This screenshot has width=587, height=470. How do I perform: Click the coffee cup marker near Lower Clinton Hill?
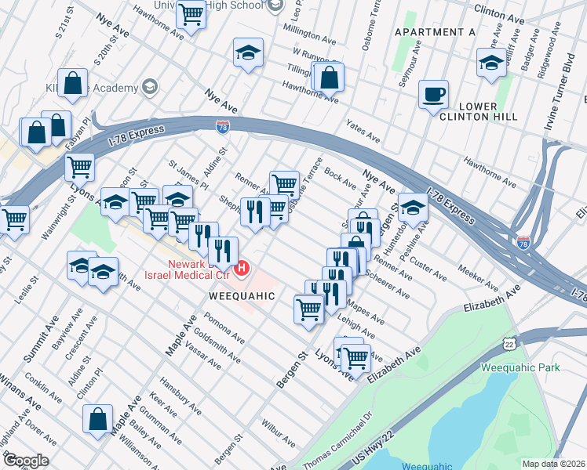coord(433,96)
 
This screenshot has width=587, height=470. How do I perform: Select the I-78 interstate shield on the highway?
coord(223,124)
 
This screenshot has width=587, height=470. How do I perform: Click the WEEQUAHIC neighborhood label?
coord(242,296)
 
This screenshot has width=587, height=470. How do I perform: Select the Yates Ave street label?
coord(363,131)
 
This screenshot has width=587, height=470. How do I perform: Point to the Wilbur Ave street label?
coord(280,416)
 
